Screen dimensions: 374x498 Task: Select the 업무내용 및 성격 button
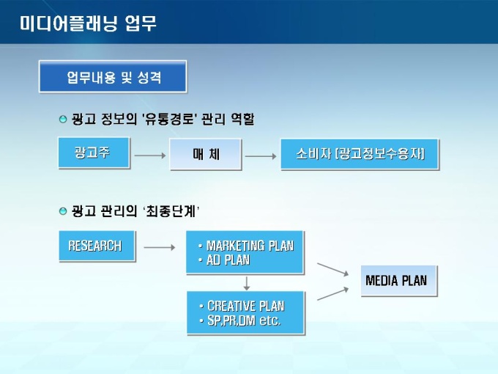(113, 77)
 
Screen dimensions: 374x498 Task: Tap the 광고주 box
(93, 153)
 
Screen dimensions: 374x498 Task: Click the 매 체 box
(206, 155)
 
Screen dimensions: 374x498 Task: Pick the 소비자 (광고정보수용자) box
(359, 155)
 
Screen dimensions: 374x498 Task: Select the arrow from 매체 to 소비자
(260, 155)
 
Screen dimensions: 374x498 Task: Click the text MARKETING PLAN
(250, 246)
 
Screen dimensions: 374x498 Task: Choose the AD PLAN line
(228, 260)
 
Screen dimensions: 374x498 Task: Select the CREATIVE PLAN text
(245, 306)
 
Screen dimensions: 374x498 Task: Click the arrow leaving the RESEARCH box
(158, 247)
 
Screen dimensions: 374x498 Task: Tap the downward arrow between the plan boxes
(247, 282)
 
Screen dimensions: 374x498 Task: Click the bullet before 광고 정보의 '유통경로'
(62, 118)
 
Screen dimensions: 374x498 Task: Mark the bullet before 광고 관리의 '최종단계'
(62, 211)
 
